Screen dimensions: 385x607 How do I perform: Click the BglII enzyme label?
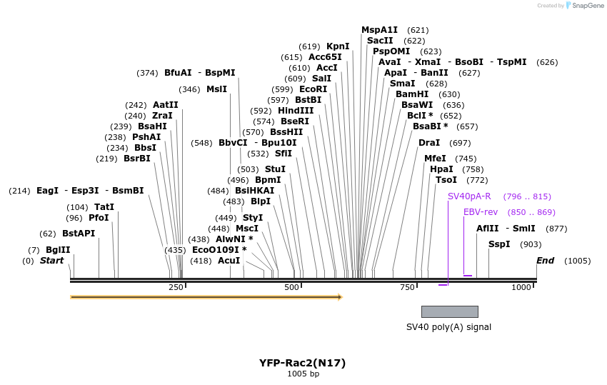point(58,250)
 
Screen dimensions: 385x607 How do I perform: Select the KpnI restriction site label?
point(338,46)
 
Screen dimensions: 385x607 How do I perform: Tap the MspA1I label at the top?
point(379,30)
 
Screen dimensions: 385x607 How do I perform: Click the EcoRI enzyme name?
point(313,89)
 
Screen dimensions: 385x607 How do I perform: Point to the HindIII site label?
point(296,111)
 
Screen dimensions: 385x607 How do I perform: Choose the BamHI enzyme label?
point(412,94)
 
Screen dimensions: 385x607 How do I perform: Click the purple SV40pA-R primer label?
point(469,196)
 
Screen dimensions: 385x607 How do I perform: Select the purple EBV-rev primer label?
point(480,212)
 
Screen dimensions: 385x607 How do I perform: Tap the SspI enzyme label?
point(499,244)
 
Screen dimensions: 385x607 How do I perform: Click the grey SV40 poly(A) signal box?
point(449,311)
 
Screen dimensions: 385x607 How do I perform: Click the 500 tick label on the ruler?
point(291,287)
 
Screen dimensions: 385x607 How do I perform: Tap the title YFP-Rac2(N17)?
point(303,363)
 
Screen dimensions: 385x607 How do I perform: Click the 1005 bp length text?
point(303,374)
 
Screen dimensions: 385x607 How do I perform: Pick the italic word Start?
point(51,261)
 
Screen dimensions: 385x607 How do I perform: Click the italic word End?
point(545,261)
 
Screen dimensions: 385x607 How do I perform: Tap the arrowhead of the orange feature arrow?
point(339,296)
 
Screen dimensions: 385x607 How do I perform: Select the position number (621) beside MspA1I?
point(418,30)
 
